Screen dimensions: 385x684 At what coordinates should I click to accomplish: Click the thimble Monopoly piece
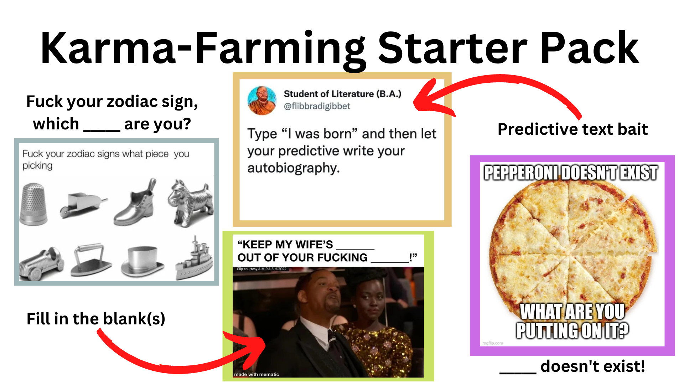point(33,204)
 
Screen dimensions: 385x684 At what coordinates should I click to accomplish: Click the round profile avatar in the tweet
point(262,100)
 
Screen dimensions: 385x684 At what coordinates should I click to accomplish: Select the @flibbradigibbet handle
point(317,106)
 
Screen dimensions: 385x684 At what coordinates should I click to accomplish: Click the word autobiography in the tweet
point(293,168)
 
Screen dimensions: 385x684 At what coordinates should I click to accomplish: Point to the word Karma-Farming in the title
point(203,48)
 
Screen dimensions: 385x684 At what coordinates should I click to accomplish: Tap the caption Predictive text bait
point(572,129)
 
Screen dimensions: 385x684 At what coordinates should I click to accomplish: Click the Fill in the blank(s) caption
point(96,319)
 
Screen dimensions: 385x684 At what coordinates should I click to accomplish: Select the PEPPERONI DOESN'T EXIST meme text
point(571,173)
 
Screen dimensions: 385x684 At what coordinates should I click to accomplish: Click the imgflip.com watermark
point(492,343)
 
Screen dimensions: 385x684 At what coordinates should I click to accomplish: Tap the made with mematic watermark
point(256,374)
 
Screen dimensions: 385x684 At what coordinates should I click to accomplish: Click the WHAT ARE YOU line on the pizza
point(572,312)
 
